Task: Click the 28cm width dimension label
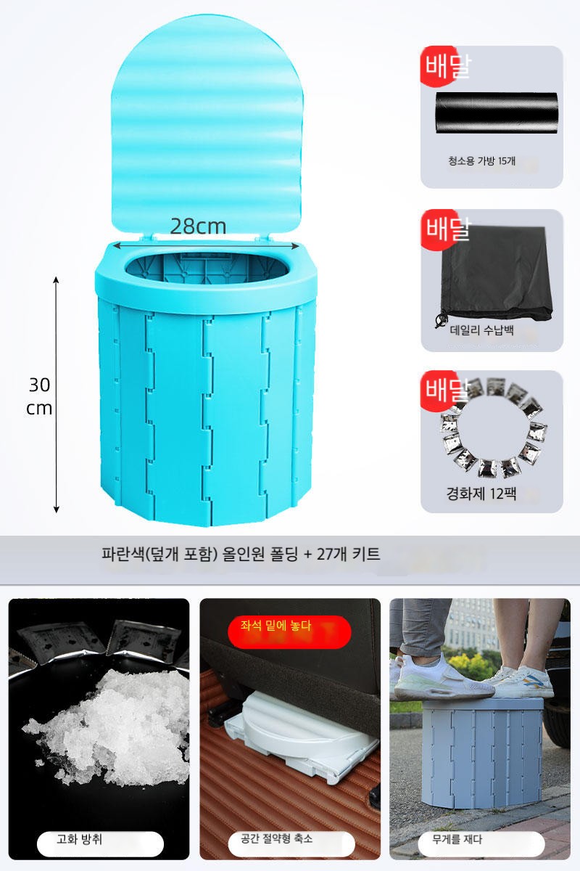click(198, 226)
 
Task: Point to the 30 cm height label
click(39, 396)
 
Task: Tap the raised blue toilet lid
click(207, 125)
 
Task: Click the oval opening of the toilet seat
click(206, 267)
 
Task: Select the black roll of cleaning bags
click(497, 113)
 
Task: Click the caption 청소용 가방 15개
click(481, 161)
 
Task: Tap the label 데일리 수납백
click(481, 330)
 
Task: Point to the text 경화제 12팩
click(481, 494)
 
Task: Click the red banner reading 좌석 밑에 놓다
click(289, 631)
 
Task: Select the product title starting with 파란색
click(241, 554)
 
